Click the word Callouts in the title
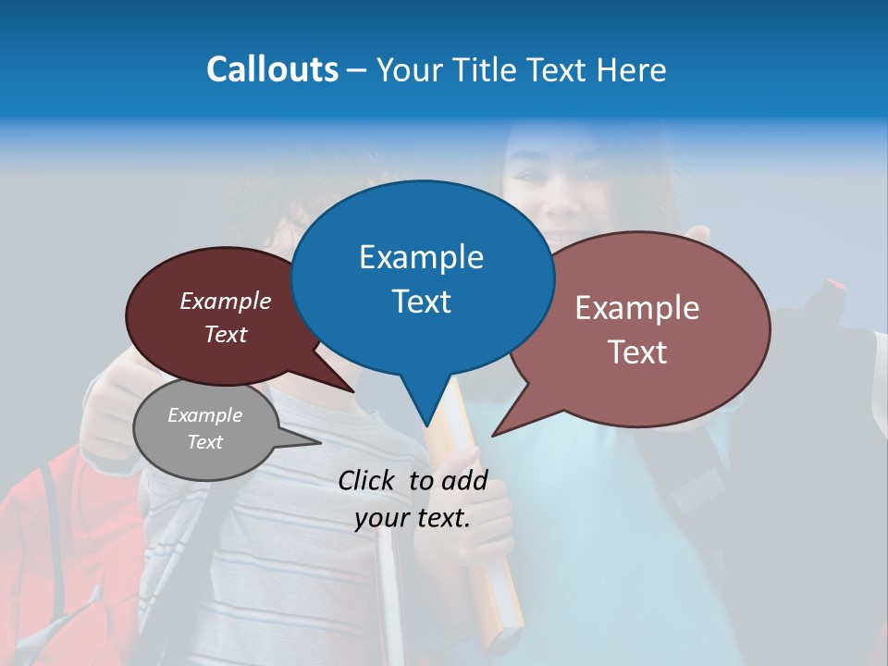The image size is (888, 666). pos(272,69)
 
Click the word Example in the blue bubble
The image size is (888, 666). pos(421,257)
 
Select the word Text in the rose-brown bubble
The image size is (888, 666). pos(637,352)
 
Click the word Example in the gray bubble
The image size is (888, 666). pos(204,415)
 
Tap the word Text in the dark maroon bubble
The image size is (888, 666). pos(226,335)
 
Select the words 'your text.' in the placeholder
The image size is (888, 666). pos(413,518)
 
